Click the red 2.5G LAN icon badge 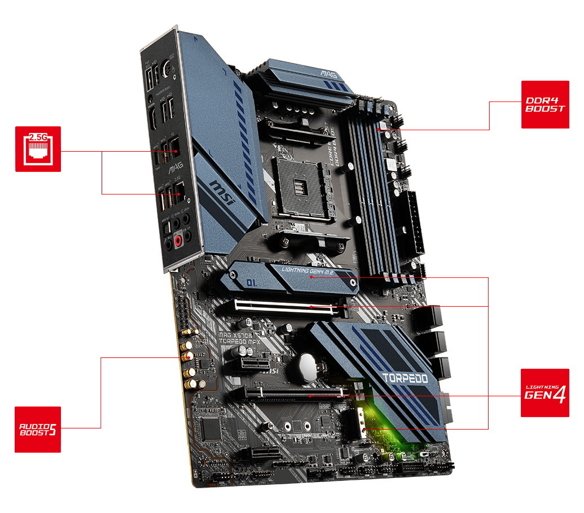(37, 149)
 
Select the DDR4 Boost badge (545, 104)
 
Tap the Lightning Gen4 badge (545, 392)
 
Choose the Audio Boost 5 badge (37, 429)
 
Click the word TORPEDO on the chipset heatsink (405, 378)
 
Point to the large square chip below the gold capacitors (211, 429)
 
